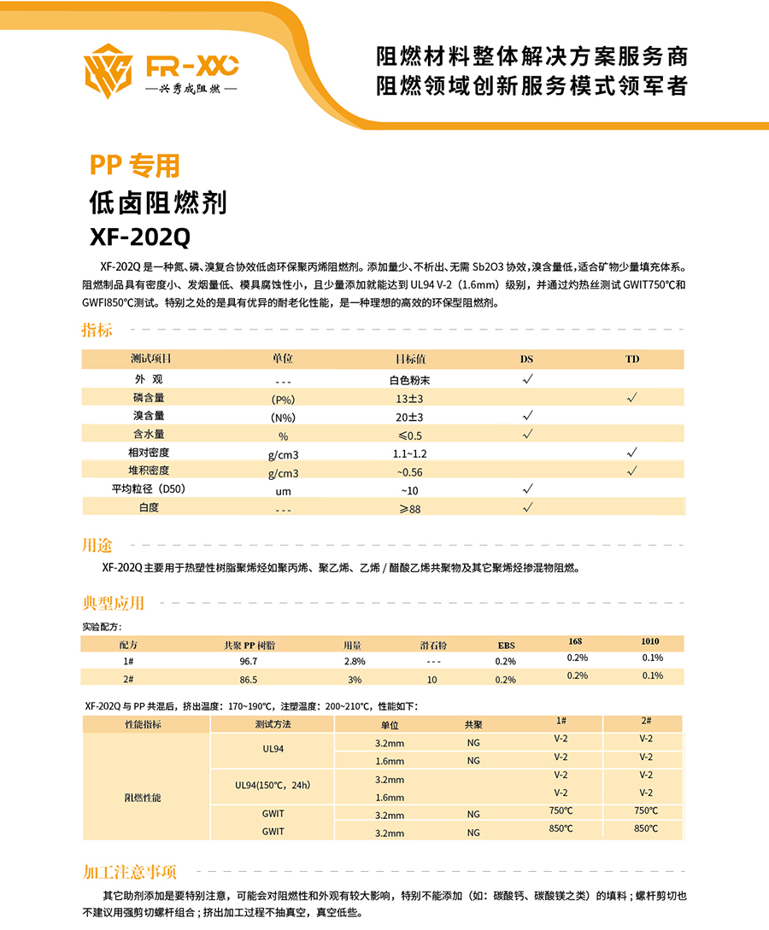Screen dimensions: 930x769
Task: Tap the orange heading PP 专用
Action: tap(135, 165)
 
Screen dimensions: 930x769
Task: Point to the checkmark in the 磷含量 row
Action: tap(632, 397)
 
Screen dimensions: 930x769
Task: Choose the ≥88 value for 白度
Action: tap(410, 509)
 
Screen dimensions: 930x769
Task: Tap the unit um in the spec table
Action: tap(283, 491)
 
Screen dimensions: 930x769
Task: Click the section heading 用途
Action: tap(97, 546)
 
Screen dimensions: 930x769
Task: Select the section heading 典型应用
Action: tap(113, 603)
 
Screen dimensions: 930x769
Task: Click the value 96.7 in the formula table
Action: tap(248, 661)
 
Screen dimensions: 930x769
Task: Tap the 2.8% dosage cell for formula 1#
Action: tap(355, 661)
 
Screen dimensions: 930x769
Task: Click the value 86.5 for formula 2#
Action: tap(248, 680)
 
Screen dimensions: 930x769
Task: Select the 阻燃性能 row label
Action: tap(143, 797)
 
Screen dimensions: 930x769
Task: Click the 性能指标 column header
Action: tap(143, 724)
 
